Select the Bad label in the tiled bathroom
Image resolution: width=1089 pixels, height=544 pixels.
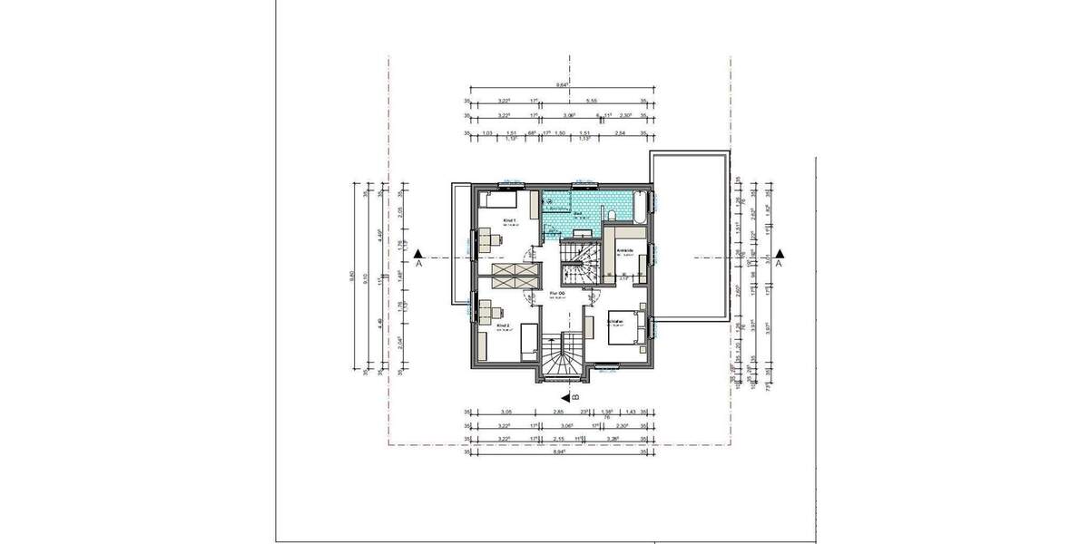(x=578, y=214)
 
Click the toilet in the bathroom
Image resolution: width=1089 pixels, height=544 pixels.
(x=613, y=214)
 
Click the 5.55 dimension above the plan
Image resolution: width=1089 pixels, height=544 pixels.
(x=592, y=102)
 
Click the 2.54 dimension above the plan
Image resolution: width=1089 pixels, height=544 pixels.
(x=619, y=132)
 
